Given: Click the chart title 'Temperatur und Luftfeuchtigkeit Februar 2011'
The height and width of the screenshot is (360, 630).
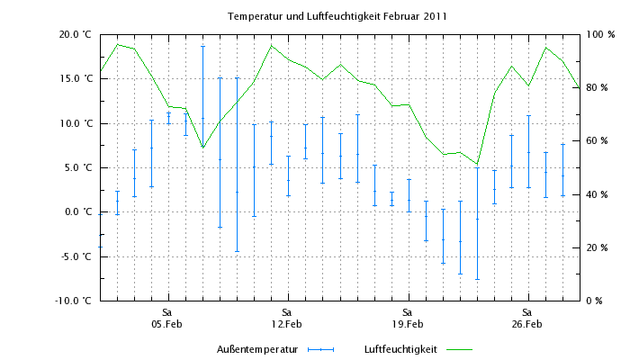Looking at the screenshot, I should [337, 16].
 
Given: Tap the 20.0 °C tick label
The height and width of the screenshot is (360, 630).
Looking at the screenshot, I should [76, 34].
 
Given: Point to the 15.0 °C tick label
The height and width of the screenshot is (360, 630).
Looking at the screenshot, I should [76, 78].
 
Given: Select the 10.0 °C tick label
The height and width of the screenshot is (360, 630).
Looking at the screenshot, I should [76, 123].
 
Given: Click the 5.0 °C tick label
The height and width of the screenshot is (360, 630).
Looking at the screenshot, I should [77, 167].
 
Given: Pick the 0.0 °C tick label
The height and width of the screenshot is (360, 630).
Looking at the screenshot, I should [77, 212].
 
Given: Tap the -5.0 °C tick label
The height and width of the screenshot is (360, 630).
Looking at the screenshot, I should [76, 256].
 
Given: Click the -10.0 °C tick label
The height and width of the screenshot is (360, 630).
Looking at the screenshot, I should [74, 301].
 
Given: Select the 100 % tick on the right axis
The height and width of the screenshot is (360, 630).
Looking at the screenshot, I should [599, 34].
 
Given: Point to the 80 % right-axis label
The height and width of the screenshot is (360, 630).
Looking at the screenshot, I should [598, 87].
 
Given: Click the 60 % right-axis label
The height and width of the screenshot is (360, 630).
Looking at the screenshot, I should [598, 141].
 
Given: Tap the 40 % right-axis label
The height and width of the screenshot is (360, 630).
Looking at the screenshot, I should [598, 194].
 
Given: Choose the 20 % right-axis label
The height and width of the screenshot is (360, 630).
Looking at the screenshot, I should [598, 247].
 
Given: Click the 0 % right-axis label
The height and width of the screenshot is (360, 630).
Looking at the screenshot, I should [595, 301].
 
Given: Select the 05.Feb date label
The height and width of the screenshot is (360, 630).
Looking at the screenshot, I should [167, 324].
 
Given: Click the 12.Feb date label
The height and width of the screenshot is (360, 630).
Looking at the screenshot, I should [287, 324].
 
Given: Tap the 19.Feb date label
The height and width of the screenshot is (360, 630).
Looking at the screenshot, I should [407, 324].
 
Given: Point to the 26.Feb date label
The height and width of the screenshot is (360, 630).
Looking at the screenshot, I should [526, 324].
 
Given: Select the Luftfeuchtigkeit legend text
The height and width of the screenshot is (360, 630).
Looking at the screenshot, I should [400, 348].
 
